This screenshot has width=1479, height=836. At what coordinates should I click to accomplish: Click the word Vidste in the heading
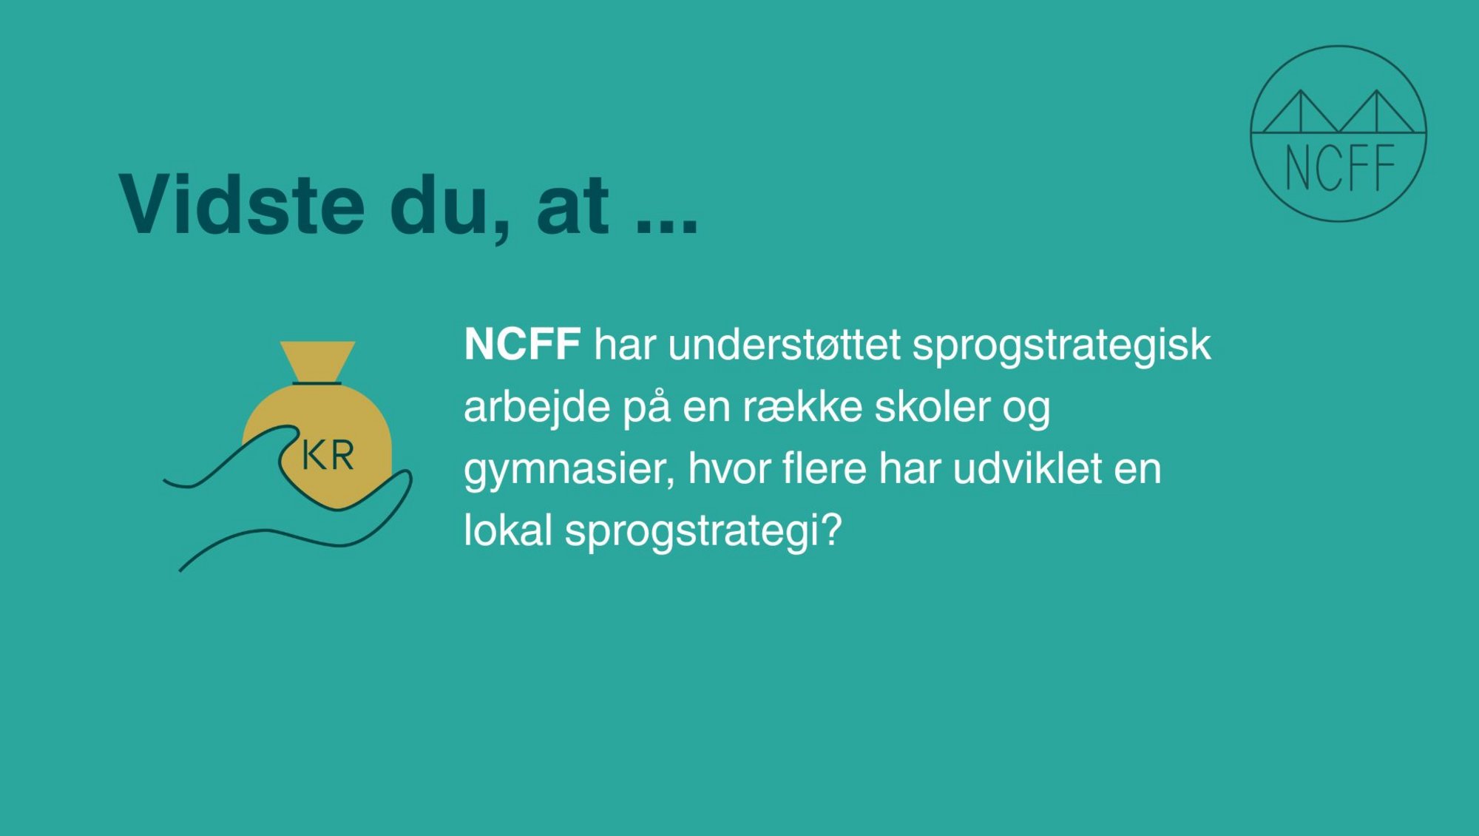pos(242,204)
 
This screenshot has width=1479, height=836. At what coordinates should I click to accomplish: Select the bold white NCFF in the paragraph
pos(522,344)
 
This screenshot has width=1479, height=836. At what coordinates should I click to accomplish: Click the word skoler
pos(932,406)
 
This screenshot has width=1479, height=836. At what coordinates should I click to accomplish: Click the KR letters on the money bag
pos(328,455)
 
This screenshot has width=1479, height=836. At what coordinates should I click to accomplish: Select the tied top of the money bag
pos(317,363)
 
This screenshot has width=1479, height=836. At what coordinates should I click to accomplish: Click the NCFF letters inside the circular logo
pos(1339,168)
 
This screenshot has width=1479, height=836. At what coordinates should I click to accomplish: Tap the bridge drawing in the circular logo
pos(1338,112)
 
